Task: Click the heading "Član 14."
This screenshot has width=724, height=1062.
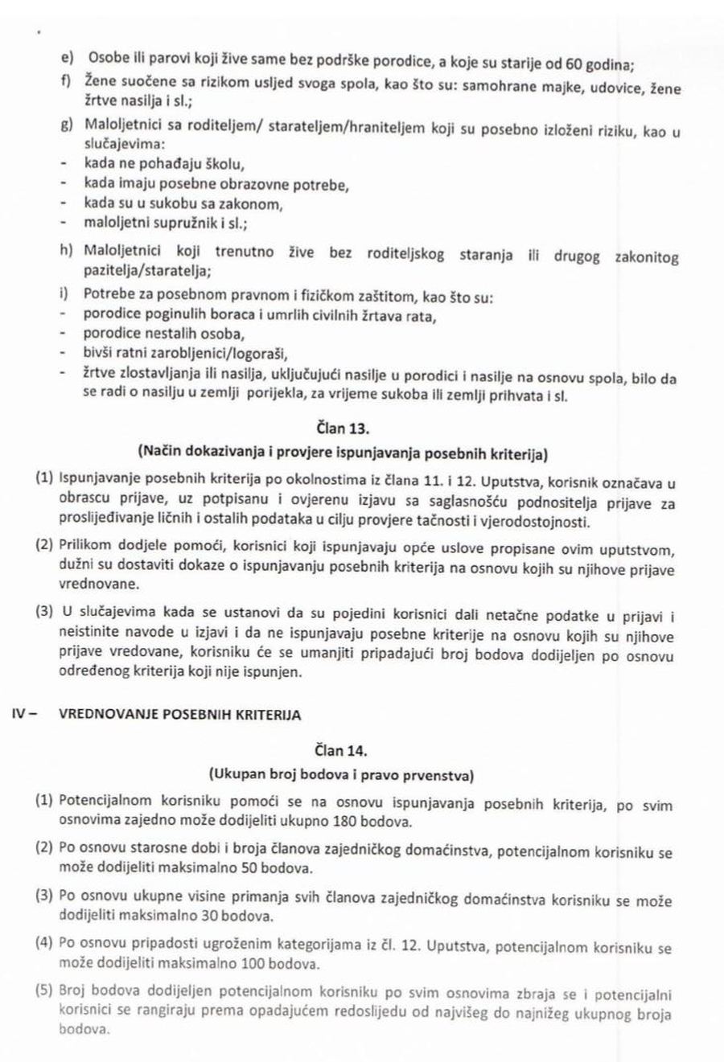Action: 346,751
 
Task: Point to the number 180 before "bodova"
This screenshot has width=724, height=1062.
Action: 360,822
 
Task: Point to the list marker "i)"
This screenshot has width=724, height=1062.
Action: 66,295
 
